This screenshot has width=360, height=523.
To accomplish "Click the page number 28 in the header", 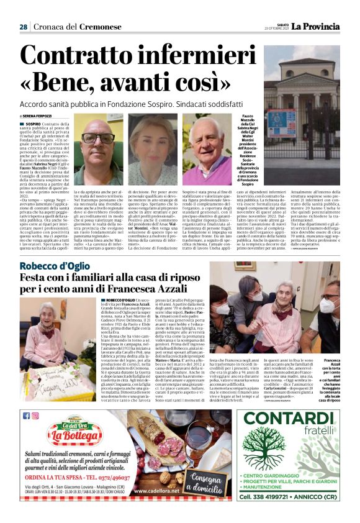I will click(23, 27).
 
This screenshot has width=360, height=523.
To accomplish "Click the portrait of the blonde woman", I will click(151, 149).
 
